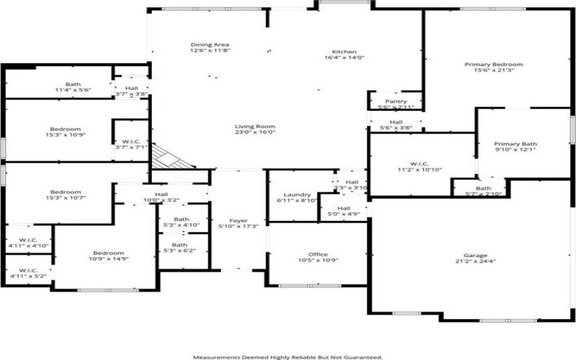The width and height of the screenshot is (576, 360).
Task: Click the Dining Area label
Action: [x=210, y=45]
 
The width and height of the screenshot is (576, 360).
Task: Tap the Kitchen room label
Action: [x=344, y=52]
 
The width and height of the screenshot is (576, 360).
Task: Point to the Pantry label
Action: [x=396, y=102]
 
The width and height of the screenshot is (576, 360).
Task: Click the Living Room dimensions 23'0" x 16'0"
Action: [x=256, y=132]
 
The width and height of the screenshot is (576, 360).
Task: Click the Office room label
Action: [x=318, y=255]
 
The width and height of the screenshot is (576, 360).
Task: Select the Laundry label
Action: [x=297, y=195]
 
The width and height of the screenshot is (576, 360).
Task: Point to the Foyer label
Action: [x=238, y=220]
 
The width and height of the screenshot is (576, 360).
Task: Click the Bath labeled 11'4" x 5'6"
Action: [x=73, y=84]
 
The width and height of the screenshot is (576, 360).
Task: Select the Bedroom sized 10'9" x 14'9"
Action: [x=108, y=253]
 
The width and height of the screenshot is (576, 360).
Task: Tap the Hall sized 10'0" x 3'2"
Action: [x=161, y=194]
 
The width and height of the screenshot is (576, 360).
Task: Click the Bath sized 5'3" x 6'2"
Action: [x=181, y=245]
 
